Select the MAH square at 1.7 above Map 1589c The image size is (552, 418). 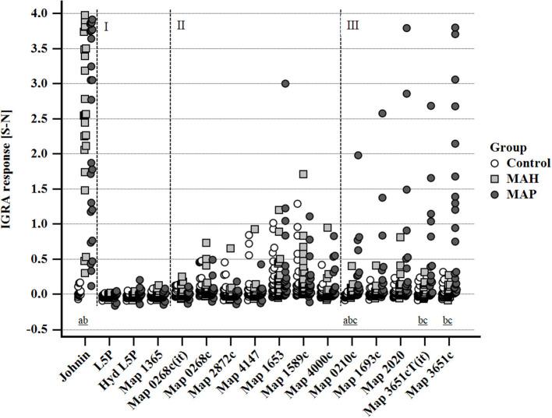[303, 174]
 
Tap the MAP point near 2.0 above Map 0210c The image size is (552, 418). [357, 155]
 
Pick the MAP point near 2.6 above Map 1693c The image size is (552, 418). [382, 113]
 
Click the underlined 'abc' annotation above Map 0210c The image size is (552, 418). [352, 321]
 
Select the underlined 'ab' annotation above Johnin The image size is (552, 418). [83, 321]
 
